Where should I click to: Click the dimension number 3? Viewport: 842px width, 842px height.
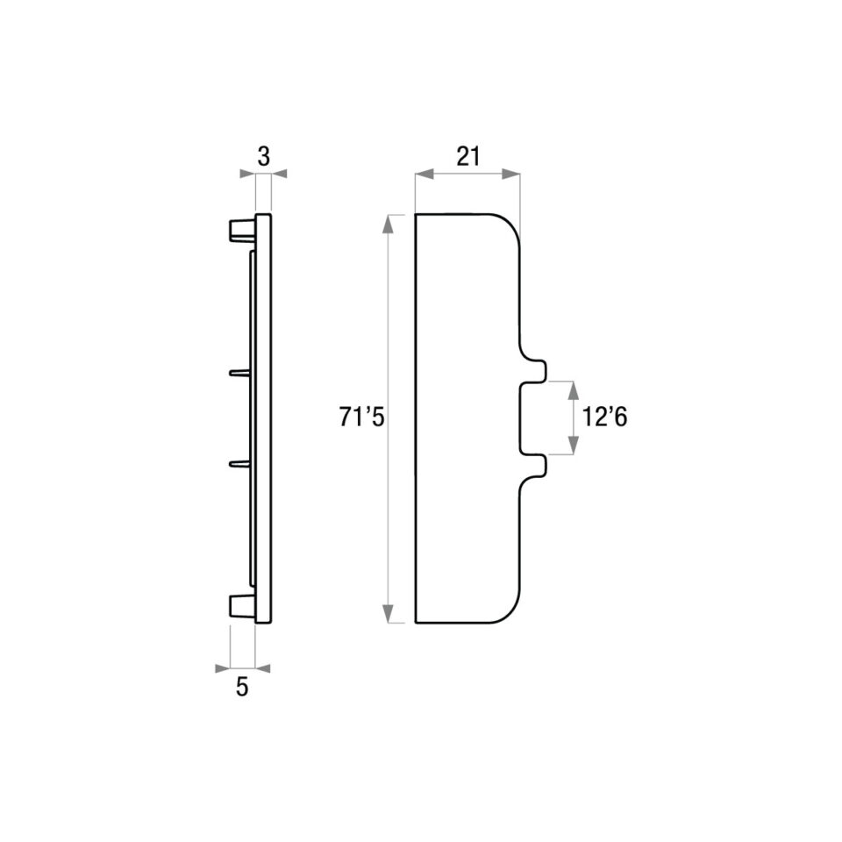[x=264, y=157]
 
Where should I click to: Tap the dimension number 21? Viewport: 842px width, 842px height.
[x=467, y=157]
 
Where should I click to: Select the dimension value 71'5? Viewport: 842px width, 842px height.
[x=361, y=417]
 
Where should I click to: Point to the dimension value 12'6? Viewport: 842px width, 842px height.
[x=604, y=417]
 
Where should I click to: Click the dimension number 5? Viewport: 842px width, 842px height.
[x=242, y=687]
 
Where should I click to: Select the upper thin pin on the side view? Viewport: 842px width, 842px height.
[x=239, y=372]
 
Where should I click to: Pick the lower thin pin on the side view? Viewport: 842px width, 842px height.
[x=239, y=463]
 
